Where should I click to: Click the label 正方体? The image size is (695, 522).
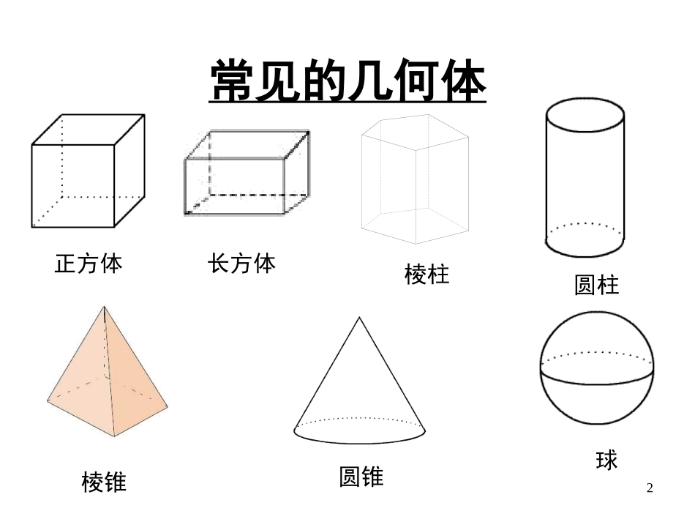pyautogui.click(x=89, y=264)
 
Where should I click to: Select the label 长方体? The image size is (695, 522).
pyautogui.click(x=241, y=264)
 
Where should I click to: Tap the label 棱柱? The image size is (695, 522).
pyautogui.click(x=427, y=275)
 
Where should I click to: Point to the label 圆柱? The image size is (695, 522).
pyautogui.click(x=596, y=285)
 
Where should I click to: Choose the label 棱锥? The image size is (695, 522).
pyautogui.click(x=104, y=482)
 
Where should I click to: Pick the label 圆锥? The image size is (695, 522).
pyautogui.click(x=361, y=477)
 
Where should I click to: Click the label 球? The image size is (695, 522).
pyautogui.click(x=606, y=461)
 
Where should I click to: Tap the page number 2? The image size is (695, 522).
pyautogui.click(x=650, y=488)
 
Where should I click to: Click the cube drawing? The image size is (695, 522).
pyautogui.click(x=88, y=171)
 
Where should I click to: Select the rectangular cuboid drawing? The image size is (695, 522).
pyautogui.click(x=247, y=174)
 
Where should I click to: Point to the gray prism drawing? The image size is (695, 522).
pyautogui.click(x=415, y=179)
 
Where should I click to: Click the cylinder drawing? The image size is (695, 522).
pyautogui.click(x=585, y=179)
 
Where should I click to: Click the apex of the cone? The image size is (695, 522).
pyautogui.click(x=359, y=318)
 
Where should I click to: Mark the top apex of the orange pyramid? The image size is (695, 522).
pyautogui.click(x=102, y=308)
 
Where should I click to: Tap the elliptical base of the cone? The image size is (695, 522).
pyautogui.click(x=360, y=431)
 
